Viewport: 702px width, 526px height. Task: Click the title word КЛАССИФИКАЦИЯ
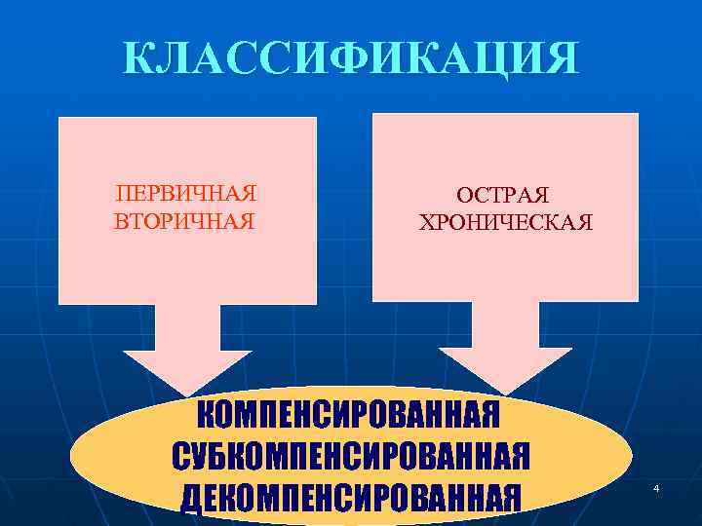pyautogui.click(x=350, y=58)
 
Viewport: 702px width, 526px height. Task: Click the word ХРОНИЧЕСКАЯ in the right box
pyautogui.click(x=504, y=223)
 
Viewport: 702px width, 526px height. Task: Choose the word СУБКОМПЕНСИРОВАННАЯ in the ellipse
pyautogui.click(x=351, y=456)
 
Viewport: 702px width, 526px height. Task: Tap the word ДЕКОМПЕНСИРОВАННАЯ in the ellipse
pyautogui.click(x=350, y=496)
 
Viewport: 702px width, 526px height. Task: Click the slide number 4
pyautogui.click(x=656, y=487)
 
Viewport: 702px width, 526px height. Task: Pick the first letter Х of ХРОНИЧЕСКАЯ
pyautogui.click(x=426, y=223)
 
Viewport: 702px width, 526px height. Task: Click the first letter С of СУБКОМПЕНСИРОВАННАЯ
pyautogui.click(x=182, y=456)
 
